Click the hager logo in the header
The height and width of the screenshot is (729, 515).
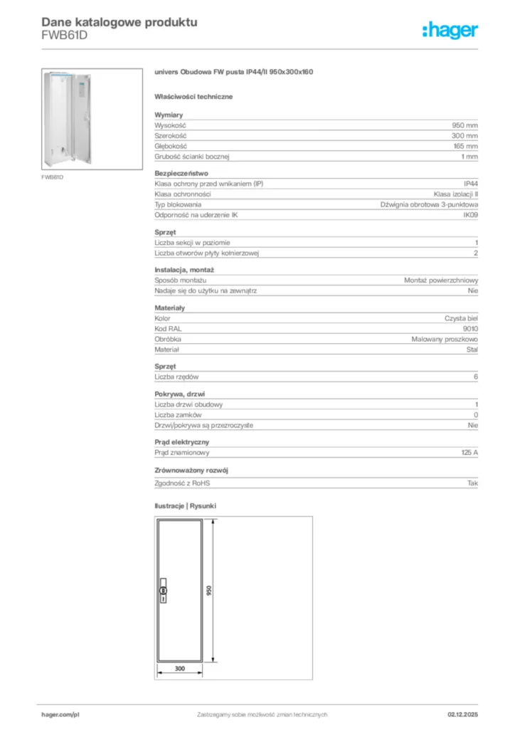[x=450, y=30]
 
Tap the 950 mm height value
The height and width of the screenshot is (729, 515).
[x=465, y=125]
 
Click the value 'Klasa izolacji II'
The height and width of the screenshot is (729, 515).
[x=456, y=194]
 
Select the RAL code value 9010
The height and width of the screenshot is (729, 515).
[x=470, y=329]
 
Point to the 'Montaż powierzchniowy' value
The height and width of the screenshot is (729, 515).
[x=441, y=280]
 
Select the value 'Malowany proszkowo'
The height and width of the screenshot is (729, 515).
[x=445, y=340]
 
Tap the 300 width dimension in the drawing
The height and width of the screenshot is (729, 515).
[x=179, y=668]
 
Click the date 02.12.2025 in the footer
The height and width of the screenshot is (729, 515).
[x=462, y=714]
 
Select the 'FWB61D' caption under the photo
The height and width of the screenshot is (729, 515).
[x=52, y=177]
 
